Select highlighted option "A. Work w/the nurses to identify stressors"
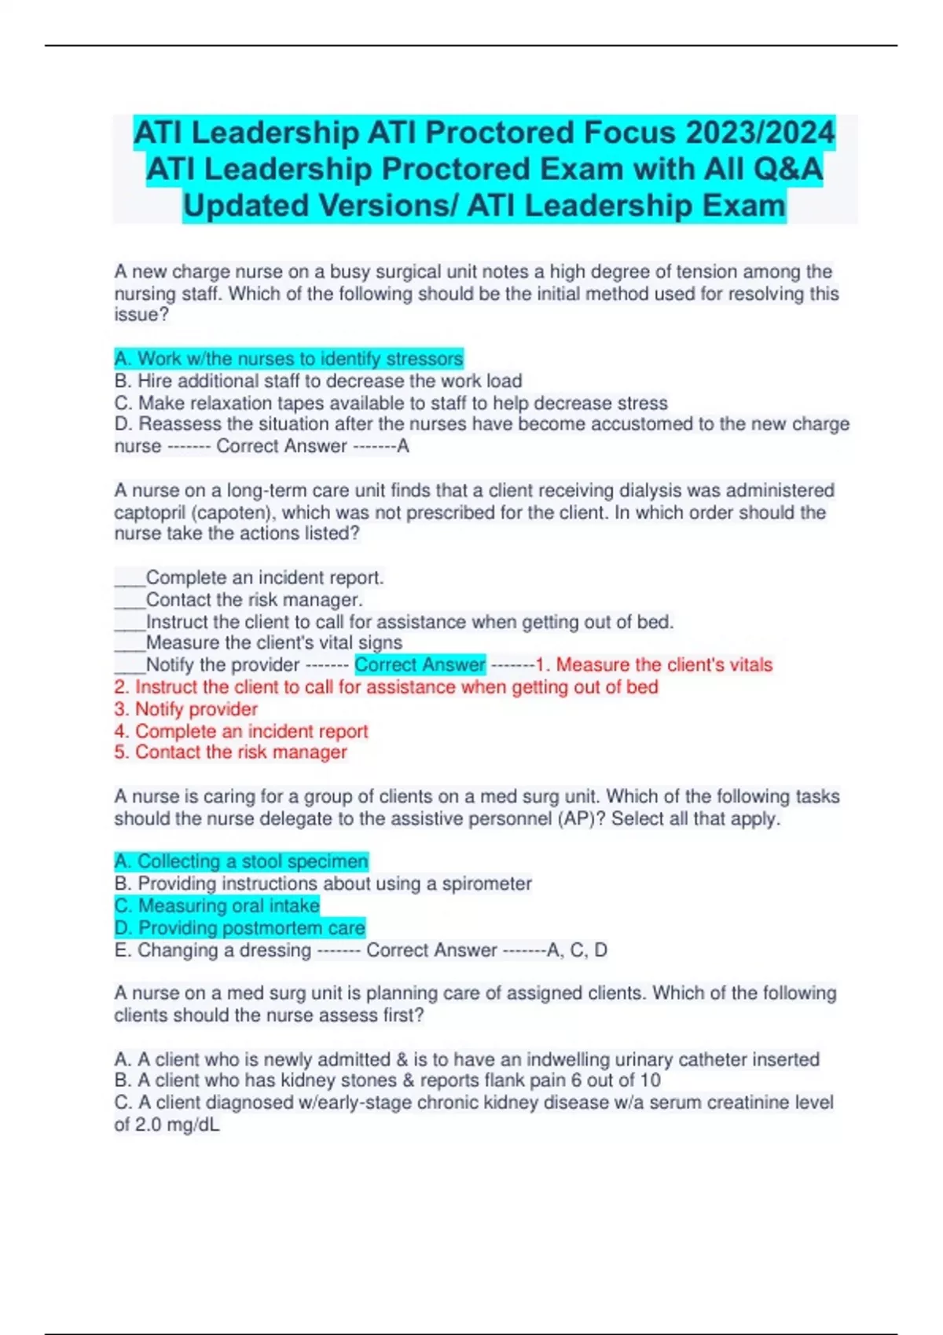[288, 359]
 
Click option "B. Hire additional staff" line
[317, 381]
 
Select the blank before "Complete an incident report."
[130, 578]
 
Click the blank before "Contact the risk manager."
[130, 600]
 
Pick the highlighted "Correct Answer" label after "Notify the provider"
[420, 664]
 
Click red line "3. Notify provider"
[185, 709]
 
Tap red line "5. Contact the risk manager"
[230, 752]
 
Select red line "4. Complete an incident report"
[240, 731]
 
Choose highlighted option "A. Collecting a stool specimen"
[240, 861]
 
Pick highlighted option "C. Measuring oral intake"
[217, 905]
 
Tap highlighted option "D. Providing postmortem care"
[240, 927]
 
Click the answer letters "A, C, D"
[577, 950]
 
